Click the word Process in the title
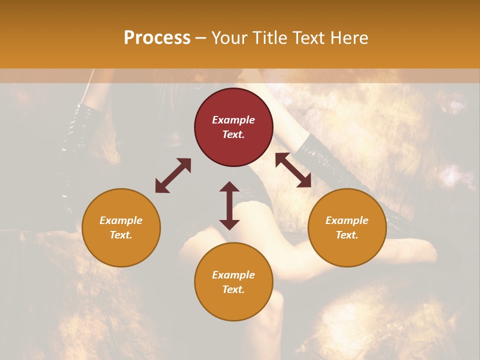pos(157,38)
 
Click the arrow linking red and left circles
pos(173,175)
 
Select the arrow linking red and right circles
pos(293,170)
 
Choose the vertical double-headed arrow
pos(229,205)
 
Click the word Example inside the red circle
pos(233,120)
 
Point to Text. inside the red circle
pos(233,134)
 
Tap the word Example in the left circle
pos(121,220)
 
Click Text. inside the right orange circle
pos(347,235)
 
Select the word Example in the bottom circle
pos(233,275)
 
